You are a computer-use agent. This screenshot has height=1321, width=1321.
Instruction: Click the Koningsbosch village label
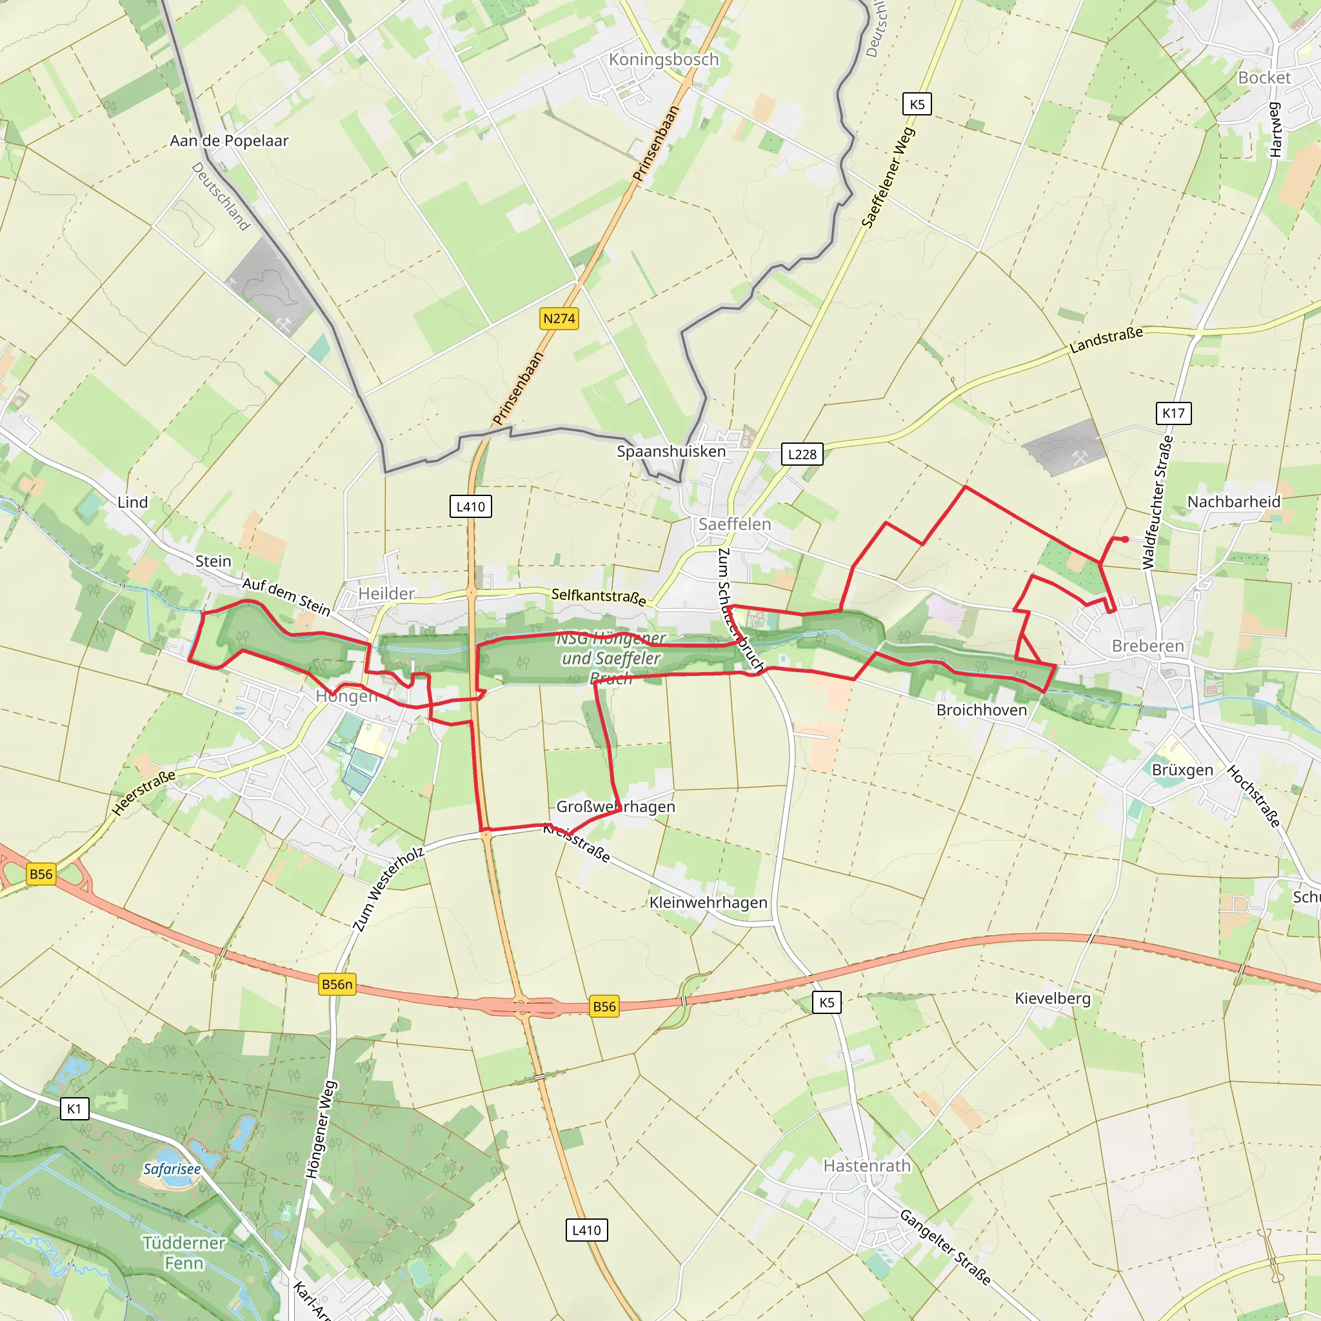tap(663, 59)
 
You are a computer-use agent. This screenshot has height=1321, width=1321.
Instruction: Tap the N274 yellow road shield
tap(559, 319)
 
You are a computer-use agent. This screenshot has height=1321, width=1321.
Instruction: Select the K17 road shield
tap(1173, 413)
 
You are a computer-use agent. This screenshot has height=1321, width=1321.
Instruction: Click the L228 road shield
tap(802, 454)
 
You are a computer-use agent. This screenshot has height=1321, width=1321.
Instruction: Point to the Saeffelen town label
tap(734, 524)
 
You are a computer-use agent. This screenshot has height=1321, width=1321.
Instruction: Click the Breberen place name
tap(1147, 646)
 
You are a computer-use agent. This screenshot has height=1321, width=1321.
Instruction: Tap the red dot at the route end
tap(1126, 539)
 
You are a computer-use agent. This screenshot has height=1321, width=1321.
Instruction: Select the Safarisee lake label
tap(172, 1169)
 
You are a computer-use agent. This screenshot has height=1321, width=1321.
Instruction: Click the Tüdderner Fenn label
tap(184, 1253)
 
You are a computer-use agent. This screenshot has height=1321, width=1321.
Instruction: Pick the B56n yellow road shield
tap(337, 984)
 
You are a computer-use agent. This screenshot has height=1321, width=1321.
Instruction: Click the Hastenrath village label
tap(867, 1166)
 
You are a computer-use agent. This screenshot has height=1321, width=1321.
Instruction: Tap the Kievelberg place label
tap(1052, 998)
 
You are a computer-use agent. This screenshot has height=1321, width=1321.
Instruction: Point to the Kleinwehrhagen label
tap(708, 902)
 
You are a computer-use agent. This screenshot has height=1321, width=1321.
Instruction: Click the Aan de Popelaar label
tap(229, 141)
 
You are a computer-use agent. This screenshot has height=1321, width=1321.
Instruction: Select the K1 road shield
tap(74, 1108)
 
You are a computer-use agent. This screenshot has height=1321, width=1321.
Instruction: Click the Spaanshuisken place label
tap(671, 452)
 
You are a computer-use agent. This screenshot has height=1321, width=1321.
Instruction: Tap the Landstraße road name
tap(1106, 340)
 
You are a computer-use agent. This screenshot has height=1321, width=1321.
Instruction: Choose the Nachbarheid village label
tap(1233, 502)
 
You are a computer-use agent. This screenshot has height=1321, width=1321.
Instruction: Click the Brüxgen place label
tap(1182, 770)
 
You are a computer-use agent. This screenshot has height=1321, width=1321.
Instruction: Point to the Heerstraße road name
tap(144, 793)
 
